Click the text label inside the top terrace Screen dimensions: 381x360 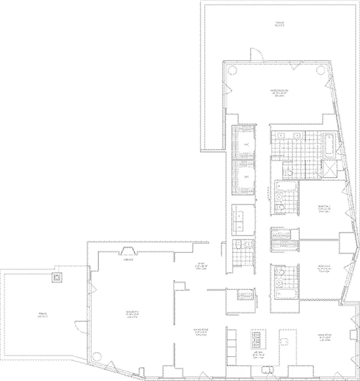click(x=279, y=23)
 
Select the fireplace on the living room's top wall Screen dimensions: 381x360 click(x=128, y=251)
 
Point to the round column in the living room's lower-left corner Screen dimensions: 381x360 click(x=97, y=356)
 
